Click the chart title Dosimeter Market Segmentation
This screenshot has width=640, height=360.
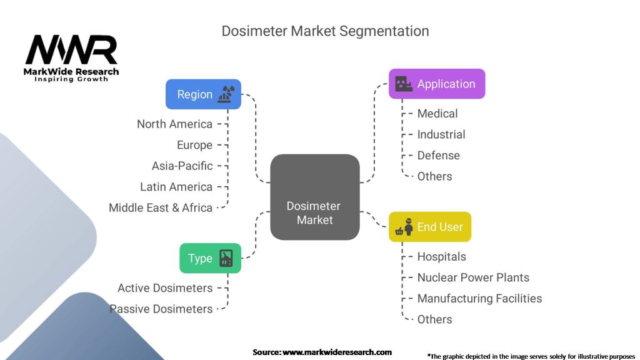pos(325,31)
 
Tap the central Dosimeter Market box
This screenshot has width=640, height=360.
pos(315,197)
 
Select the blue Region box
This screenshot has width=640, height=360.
pos(203,94)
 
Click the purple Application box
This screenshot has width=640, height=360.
pos(437,84)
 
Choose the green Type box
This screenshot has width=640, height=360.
pos(210,258)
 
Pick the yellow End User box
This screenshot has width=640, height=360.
pos(430,227)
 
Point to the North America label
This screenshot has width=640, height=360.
pos(175,124)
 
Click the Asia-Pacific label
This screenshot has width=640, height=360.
pos(182,166)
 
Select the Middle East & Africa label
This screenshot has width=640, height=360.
pos(161,207)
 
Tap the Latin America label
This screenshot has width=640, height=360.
pos(176,187)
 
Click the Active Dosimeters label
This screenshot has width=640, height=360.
pos(165,288)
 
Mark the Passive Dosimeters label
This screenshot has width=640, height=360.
pos(161,309)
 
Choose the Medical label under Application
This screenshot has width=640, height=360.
pos(437,113)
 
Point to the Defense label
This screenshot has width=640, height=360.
pos(438,155)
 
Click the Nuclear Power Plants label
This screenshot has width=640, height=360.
pos(473,277)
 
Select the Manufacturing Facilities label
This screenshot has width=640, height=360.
pos(479,298)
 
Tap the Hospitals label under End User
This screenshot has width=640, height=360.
pos(441,256)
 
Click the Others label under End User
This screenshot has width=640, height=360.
pos(434,319)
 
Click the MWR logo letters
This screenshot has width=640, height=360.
pos(71,50)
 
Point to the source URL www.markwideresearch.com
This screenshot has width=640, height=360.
pos(337,352)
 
